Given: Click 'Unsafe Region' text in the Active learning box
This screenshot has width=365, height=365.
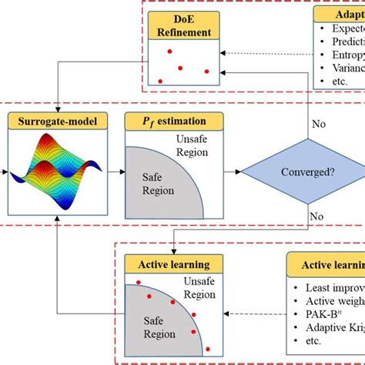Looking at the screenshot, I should pyautogui.click(x=199, y=290).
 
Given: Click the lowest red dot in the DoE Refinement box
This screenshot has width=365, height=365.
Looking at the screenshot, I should pyautogui.click(x=160, y=81).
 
